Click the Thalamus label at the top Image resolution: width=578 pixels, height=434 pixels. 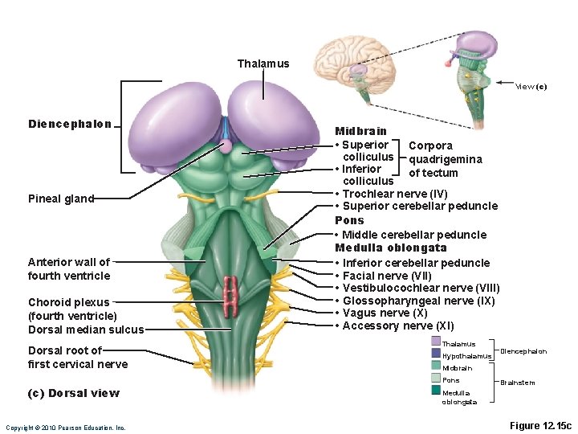[263, 63]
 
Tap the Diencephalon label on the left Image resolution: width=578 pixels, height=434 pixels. [70, 124]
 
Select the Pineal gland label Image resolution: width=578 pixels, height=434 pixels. [61, 199]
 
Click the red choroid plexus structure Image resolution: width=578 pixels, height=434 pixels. [232, 295]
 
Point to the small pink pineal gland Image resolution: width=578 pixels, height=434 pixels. [226, 145]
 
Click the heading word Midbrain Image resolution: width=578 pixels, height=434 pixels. [360, 131]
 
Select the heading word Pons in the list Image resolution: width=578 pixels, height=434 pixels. [349, 220]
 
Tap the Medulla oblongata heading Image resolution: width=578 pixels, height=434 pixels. [391, 248]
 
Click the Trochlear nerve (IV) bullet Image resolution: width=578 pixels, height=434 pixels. [394, 194]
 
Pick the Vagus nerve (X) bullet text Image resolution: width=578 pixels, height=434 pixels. [385, 313]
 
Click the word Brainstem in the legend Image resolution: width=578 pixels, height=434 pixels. [517, 383]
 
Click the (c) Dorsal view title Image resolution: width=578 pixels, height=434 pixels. [73, 393]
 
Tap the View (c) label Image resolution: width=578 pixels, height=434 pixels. [531, 87]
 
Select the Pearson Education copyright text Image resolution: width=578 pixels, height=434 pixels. [65, 428]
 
